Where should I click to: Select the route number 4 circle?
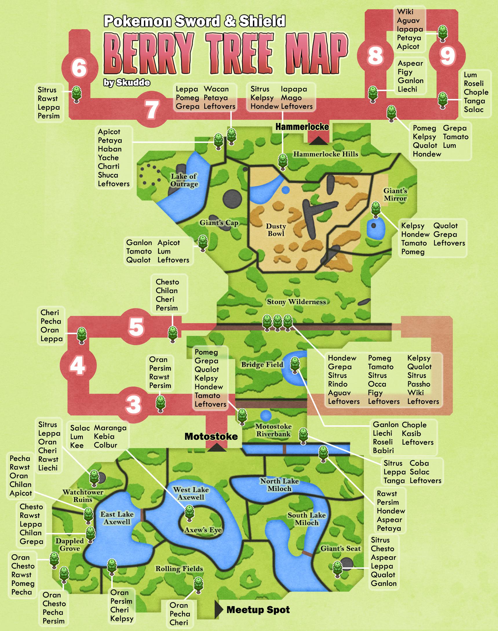click(78, 366)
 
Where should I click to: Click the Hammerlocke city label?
click(302, 127)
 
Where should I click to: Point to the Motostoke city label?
click(211, 436)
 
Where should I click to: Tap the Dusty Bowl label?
click(276, 230)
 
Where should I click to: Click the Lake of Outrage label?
click(184, 180)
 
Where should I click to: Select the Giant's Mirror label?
click(395, 194)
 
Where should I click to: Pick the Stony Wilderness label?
click(296, 302)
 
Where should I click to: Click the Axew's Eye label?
click(203, 530)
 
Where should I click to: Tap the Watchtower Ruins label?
click(83, 496)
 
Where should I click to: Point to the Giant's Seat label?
click(341, 549)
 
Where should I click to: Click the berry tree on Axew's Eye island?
click(189, 513)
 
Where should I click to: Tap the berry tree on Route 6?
click(76, 94)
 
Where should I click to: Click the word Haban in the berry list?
click(110, 149)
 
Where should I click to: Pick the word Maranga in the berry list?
click(110, 428)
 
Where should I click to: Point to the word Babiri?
click(383, 450)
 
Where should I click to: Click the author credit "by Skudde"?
click(127, 83)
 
